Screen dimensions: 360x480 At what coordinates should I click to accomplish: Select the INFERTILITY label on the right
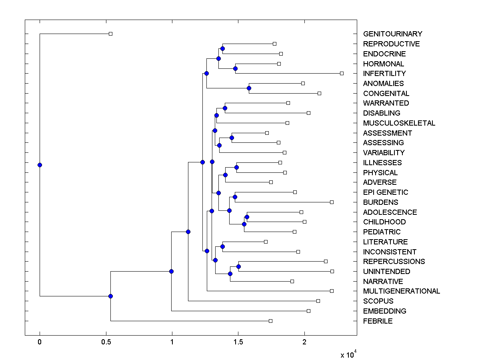click(x=384, y=74)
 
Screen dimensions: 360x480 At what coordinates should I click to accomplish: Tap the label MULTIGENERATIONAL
click(x=401, y=291)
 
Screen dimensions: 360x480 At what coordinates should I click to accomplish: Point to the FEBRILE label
click(x=378, y=321)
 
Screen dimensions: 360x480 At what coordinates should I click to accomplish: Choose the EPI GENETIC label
click(x=386, y=192)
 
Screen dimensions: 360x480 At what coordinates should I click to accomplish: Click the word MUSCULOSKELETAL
click(x=399, y=123)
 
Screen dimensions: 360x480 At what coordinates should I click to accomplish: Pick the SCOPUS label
click(x=378, y=301)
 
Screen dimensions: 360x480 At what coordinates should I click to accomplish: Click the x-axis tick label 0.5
click(x=106, y=342)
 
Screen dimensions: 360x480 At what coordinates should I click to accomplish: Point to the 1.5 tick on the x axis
click(x=238, y=342)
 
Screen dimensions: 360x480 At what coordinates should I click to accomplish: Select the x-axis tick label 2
click(x=304, y=342)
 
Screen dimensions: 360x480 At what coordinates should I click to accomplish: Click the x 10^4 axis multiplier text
click(x=346, y=355)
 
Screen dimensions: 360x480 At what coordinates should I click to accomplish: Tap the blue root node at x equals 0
click(x=40, y=165)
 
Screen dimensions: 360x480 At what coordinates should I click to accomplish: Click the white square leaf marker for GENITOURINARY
click(x=111, y=34)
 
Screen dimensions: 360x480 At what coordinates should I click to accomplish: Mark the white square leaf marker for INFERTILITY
click(x=342, y=73)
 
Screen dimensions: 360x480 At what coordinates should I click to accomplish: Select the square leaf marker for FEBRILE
click(x=270, y=321)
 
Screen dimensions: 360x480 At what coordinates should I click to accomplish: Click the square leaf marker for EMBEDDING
click(x=308, y=311)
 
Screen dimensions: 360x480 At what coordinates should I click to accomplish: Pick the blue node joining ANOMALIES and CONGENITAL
click(x=249, y=88)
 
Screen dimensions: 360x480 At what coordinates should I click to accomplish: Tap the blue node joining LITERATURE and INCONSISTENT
click(x=222, y=246)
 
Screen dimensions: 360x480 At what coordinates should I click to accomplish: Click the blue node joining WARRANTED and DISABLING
click(x=225, y=108)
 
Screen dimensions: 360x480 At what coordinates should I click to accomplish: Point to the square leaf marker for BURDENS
click(x=332, y=202)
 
